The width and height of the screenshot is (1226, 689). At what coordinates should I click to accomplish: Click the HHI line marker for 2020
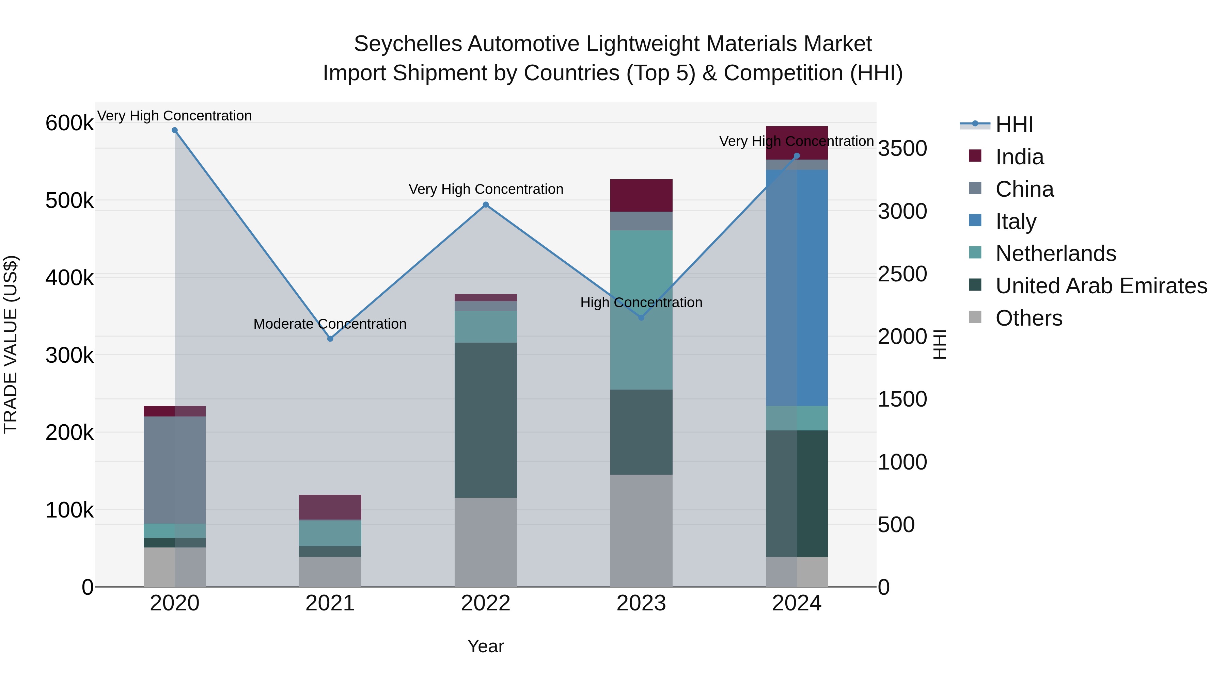click(175, 130)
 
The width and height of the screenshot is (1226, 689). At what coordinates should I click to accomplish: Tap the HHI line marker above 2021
click(330, 339)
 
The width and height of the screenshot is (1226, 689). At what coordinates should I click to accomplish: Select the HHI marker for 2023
click(641, 318)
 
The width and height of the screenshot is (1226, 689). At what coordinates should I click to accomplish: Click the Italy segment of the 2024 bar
click(797, 288)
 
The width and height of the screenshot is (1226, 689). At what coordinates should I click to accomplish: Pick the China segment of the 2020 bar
click(175, 470)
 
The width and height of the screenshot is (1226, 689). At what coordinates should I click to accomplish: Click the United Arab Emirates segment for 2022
click(485, 420)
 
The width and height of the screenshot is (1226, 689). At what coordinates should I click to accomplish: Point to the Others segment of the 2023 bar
click(641, 530)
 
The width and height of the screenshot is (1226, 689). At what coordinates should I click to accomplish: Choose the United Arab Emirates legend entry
click(1101, 286)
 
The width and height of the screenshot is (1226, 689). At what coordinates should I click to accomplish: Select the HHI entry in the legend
click(1014, 125)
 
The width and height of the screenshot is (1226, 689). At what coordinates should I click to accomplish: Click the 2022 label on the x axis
click(485, 603)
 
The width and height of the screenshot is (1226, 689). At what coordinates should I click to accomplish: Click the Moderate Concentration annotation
click(330, 324)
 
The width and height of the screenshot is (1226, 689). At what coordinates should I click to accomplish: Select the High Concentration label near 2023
click(641, 302)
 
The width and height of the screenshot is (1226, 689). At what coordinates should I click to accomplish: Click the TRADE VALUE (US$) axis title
click(11, 344)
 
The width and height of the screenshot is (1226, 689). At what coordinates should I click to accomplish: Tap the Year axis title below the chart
click(485, 646)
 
